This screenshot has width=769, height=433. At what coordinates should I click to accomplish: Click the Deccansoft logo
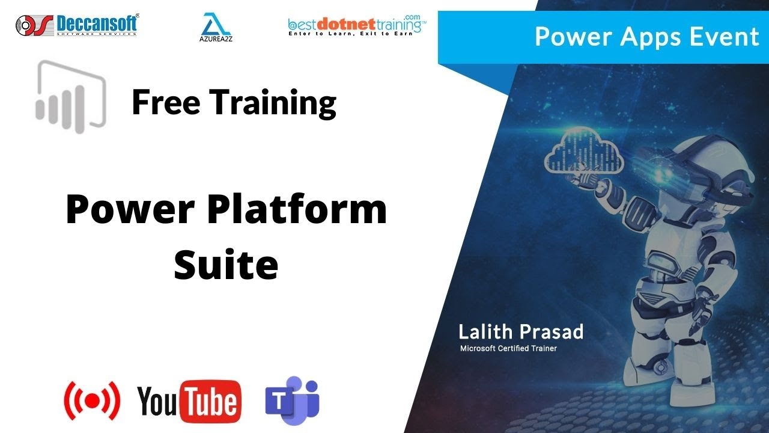(x=77, y=25)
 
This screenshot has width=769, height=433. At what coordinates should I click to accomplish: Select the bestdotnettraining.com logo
(x=357, y=25)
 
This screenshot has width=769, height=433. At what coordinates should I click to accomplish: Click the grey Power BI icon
(x=71, y=96)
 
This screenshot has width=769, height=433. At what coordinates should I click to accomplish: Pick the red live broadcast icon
(x=92, y=400)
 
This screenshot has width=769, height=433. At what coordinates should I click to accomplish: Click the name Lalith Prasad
(x=520, y=331)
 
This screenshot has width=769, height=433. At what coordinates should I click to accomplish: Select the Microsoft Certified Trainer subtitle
(x=508, y=348)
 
